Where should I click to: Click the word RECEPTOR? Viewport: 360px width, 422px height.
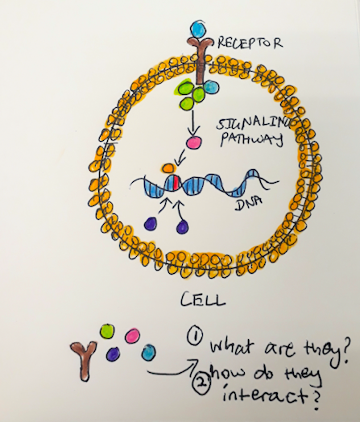(x=250, y=43)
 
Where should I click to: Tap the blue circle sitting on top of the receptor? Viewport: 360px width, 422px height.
(x=198, y=29)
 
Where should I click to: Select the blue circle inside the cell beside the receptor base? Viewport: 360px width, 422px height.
(x=212, y=87)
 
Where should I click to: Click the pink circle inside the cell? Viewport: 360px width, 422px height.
(x=194, y=142)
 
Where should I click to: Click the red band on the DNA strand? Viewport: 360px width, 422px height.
(x=176, y=182)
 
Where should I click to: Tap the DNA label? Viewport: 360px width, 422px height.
(x=248, y=204)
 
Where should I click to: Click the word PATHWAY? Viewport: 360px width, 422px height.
(x=251, y=139)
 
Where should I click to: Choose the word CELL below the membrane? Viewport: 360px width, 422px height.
(x=203, y=300)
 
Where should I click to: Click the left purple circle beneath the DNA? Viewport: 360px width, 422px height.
(x=151, y=223)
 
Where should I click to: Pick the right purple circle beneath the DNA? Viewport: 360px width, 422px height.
(x=183, y=226)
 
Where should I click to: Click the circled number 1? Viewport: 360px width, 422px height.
(x=195, y=337)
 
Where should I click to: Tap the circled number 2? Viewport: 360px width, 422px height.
(x=202, y=383)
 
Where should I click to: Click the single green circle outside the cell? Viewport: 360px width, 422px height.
(x=107, y=331)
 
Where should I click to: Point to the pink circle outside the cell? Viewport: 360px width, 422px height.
(x=132, y=336)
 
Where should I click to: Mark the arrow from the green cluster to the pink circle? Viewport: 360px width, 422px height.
(x=192, y=123)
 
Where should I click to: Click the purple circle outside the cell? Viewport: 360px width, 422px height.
(x=113, y=354)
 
